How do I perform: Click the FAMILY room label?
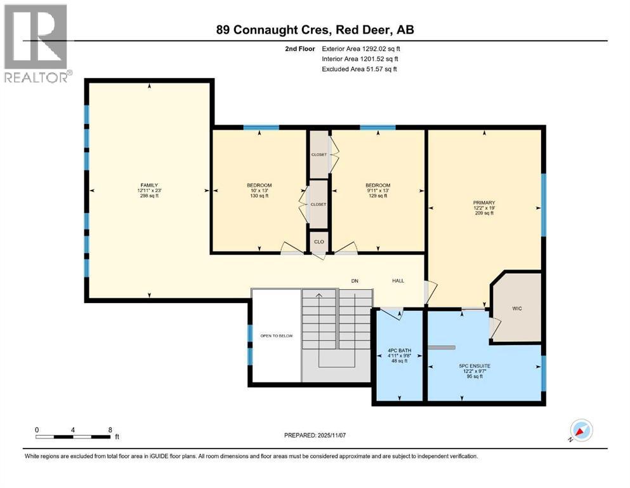click(149, 185)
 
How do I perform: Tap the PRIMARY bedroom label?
click(483, 203)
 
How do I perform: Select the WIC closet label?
click(516, 308)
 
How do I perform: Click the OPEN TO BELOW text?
click(277, 335)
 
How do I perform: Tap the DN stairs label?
click(355, 280)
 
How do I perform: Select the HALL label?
click(397, 280)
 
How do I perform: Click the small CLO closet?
click(318, 242)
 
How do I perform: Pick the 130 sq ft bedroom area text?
click(259, 196)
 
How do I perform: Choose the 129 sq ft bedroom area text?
click(378, 196)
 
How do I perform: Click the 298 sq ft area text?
click(149, 196)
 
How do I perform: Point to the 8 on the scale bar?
click(110, 430)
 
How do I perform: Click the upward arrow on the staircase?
click(318, 295)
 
